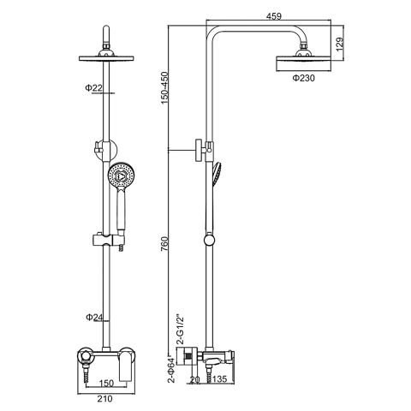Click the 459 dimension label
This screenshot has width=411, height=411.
(x=274, y=16)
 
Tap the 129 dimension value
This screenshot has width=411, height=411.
(x=340, y=44)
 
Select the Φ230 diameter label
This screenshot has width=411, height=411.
(x=303, y=78)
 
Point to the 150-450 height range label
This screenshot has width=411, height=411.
(x=165, y=88)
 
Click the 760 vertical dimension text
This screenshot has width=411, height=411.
(x=165, y=244)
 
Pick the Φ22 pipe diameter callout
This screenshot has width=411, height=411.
(x=93, y=88)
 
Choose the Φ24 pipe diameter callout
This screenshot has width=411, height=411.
(x=94, y=317)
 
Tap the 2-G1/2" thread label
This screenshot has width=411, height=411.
(x=181, y=330)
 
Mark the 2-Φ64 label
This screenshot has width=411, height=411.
(x=171, y=369)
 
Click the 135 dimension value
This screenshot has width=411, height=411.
(x=219, y=378)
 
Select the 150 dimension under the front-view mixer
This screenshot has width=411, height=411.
(x=106, y=383)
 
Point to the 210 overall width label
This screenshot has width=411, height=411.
(x=104, y=398)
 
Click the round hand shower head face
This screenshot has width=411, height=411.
(x=122, y=176)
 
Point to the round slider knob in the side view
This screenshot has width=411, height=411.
(x=209, y=239)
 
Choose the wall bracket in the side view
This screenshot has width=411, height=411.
(x=203, y=150)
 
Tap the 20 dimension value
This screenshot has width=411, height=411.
(x=195, y=378)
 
